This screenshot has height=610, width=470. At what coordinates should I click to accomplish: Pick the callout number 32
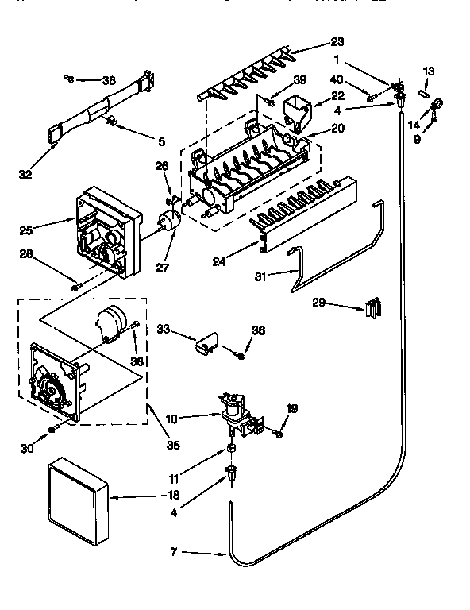[x=26, y=175]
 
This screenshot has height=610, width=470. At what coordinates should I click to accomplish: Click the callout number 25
[x=26, y=230]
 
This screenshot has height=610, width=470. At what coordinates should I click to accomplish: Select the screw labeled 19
[x=279, y=433]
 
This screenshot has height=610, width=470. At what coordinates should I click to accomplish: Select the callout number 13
[x=429, y=71]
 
